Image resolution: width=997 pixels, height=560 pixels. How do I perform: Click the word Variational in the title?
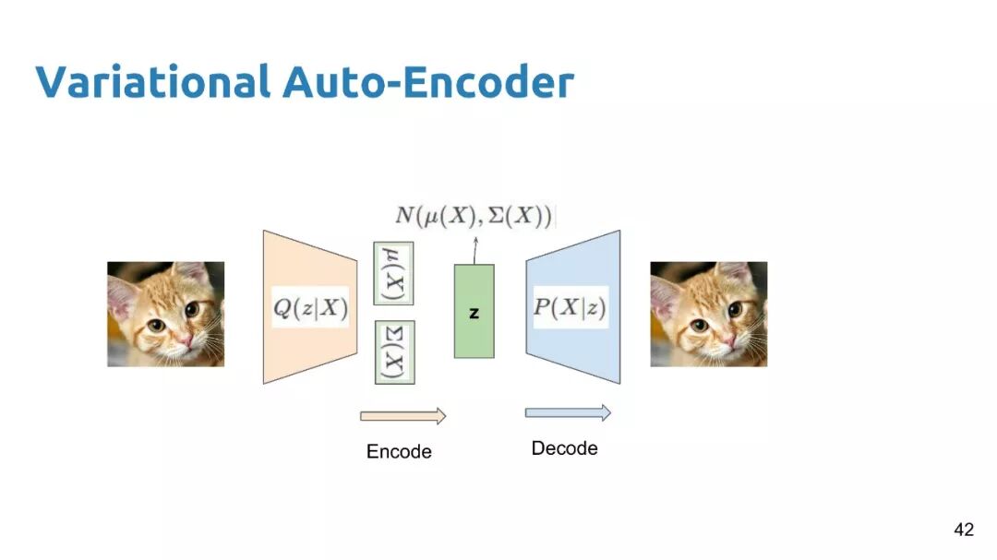(x=152, y=82)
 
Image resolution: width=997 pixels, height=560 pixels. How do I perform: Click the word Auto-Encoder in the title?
(x=428, y=82)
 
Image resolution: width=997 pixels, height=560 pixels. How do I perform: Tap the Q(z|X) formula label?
(x=310, y=306)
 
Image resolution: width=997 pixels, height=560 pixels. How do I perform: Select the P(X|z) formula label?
(x=571, y=306)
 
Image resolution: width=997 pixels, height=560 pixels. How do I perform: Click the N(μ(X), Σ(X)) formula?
(x=474, y=217)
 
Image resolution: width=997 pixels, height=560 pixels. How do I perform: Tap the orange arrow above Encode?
(x=402, y=416)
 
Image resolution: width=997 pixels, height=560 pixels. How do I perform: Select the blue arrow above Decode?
(x=568, y=412)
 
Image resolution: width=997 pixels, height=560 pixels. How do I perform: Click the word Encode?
(x=399, y=452)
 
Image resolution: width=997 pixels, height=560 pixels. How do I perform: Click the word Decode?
(x=564, y=448)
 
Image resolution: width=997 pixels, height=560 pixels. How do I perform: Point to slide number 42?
(x=963, y=530)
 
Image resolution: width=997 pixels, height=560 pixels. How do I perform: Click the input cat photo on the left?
(x=165, y=314)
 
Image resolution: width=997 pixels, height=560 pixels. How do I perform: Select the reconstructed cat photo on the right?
(x=708, y=314)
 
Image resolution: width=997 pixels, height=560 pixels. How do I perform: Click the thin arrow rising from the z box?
(x=474, y=249)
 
